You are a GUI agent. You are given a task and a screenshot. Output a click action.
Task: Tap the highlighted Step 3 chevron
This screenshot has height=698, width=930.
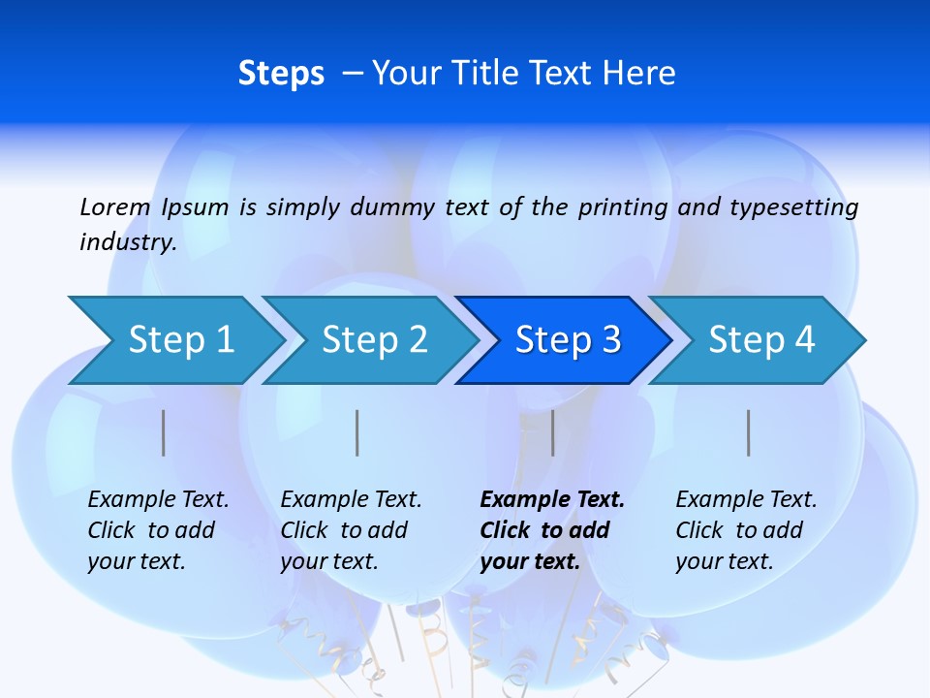(x=568, y=340)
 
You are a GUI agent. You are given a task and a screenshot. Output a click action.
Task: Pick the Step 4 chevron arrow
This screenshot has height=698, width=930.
(x=761, y=340)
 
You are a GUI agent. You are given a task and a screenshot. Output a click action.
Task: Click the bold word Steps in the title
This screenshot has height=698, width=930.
(x=281, y=74)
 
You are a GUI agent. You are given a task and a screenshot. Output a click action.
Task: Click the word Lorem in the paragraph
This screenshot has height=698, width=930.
(x=115, y=206)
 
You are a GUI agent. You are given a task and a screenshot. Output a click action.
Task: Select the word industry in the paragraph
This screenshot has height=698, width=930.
(x=127, y=241)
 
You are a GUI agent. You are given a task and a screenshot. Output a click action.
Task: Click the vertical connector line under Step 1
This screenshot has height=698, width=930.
(x=164, y=432)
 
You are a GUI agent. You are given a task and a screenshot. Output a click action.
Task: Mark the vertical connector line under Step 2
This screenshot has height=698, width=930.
(x=357, y=432)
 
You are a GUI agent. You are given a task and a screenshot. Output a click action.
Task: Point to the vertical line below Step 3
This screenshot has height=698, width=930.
(x=552, y=432)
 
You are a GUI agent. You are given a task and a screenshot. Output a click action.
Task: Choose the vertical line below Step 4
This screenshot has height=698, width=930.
(x=748, y=432)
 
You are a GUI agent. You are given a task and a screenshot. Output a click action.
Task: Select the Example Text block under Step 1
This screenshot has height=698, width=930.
(x=158, y=530)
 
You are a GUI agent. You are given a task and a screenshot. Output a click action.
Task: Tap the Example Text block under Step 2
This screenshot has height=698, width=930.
(x=351, y=530)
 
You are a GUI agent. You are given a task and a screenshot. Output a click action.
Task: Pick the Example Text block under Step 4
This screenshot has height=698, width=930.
(x=746, y=530)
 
